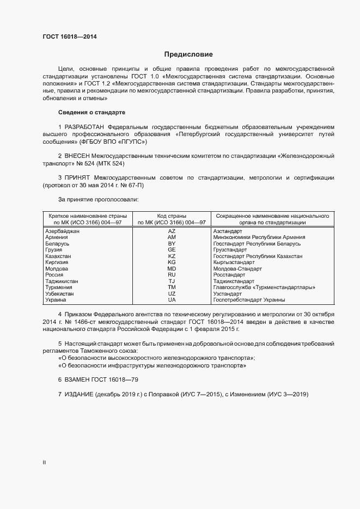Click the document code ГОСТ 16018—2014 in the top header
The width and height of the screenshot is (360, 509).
(70, 36)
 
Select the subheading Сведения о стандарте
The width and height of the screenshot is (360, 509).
(91, 112)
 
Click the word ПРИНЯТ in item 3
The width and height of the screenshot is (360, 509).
(78, 177)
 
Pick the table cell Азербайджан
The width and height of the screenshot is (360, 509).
(63, 231)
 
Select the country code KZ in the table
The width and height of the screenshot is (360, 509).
(172, 256)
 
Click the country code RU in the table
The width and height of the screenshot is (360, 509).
(172, 275)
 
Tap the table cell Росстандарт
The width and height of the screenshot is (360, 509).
(229, 275)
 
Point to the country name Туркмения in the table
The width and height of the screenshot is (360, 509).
(59, 287)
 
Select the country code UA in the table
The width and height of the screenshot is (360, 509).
(172, 299)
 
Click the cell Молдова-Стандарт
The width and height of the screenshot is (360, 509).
(237, 268)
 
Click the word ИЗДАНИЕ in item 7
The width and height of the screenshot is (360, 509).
(80, 394)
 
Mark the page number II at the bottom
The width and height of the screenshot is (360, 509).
(44, 462)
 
